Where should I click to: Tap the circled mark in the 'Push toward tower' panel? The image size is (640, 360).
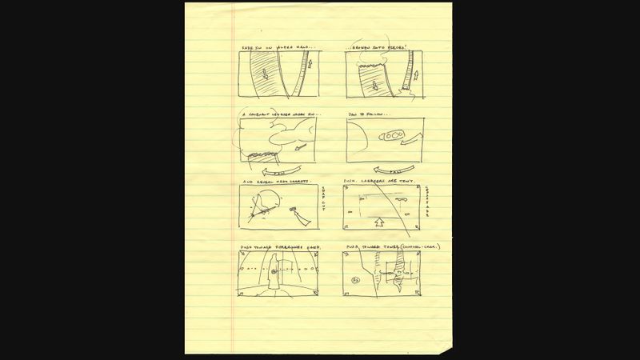point(355,280)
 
